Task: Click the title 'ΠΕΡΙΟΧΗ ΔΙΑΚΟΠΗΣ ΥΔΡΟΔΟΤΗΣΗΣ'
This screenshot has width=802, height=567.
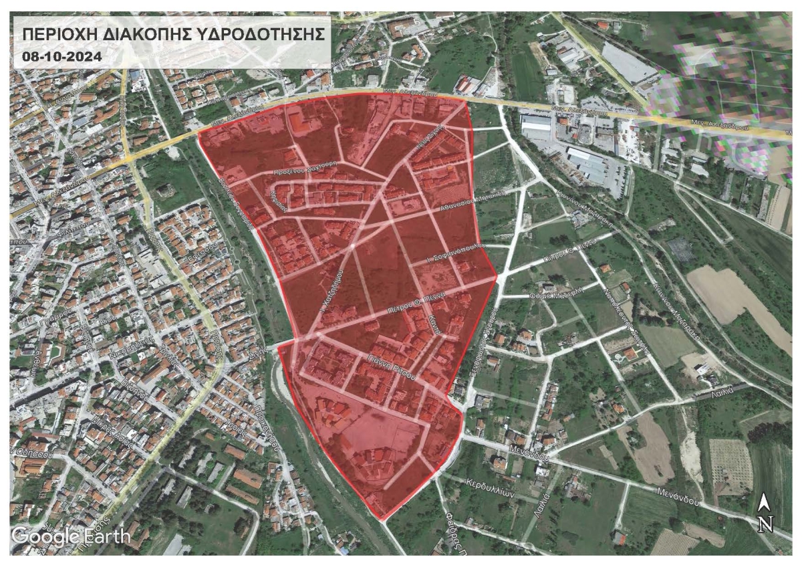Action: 172,34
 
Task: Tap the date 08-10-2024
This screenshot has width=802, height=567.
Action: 61,57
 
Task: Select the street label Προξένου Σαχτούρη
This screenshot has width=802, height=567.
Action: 307,172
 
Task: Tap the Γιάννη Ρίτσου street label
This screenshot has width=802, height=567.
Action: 391,367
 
